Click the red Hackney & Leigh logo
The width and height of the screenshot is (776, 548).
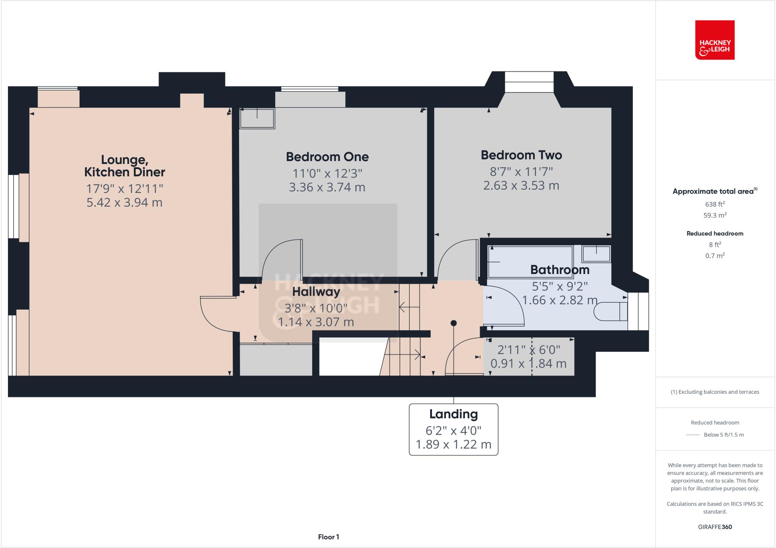tap(715, 40)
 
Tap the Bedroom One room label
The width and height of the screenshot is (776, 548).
tap(327, 157)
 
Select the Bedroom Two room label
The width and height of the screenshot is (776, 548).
tap(521, 155)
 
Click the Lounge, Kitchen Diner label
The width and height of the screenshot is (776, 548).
tap(124, 166)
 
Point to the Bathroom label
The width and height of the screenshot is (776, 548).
tap(560, 270)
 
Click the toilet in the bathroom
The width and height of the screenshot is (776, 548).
tap(610, 312)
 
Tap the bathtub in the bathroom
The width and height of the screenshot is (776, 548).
tap(530, 262)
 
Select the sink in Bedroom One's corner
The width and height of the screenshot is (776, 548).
tap(257, 118)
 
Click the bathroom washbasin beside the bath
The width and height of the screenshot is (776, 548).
tap(596, 254)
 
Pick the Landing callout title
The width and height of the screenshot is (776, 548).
tap(453, 414)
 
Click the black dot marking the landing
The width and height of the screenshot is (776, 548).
tap(454, 323)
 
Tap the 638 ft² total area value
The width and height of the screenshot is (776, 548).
tap(715, 204)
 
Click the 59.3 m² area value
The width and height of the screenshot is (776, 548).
tap(715, 215)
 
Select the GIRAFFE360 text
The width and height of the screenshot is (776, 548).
tap(715, 527)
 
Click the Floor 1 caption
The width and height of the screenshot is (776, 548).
tap(329, 537)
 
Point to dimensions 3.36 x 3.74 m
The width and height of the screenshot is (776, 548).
tap(327, 187)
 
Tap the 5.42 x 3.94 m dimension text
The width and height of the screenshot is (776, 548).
tap(124, 202)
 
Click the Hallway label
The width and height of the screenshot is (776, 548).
tap(316, 292)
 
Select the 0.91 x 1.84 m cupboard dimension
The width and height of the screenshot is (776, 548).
tap(528, 363)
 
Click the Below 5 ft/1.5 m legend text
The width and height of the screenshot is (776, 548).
tap(723, 435)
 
